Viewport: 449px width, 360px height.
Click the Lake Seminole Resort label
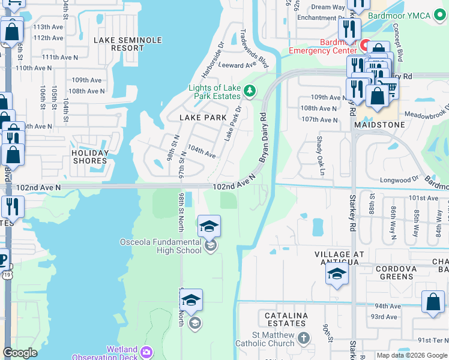(128, 44)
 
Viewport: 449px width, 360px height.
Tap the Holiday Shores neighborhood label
(90, 157)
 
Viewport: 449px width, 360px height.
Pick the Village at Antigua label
(340, 259)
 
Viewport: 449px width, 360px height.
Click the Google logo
(20, 353)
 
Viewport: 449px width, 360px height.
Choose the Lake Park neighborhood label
(203, 118)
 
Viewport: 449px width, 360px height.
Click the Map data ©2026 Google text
(412, 355)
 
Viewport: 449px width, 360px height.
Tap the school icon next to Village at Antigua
(337, 274)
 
